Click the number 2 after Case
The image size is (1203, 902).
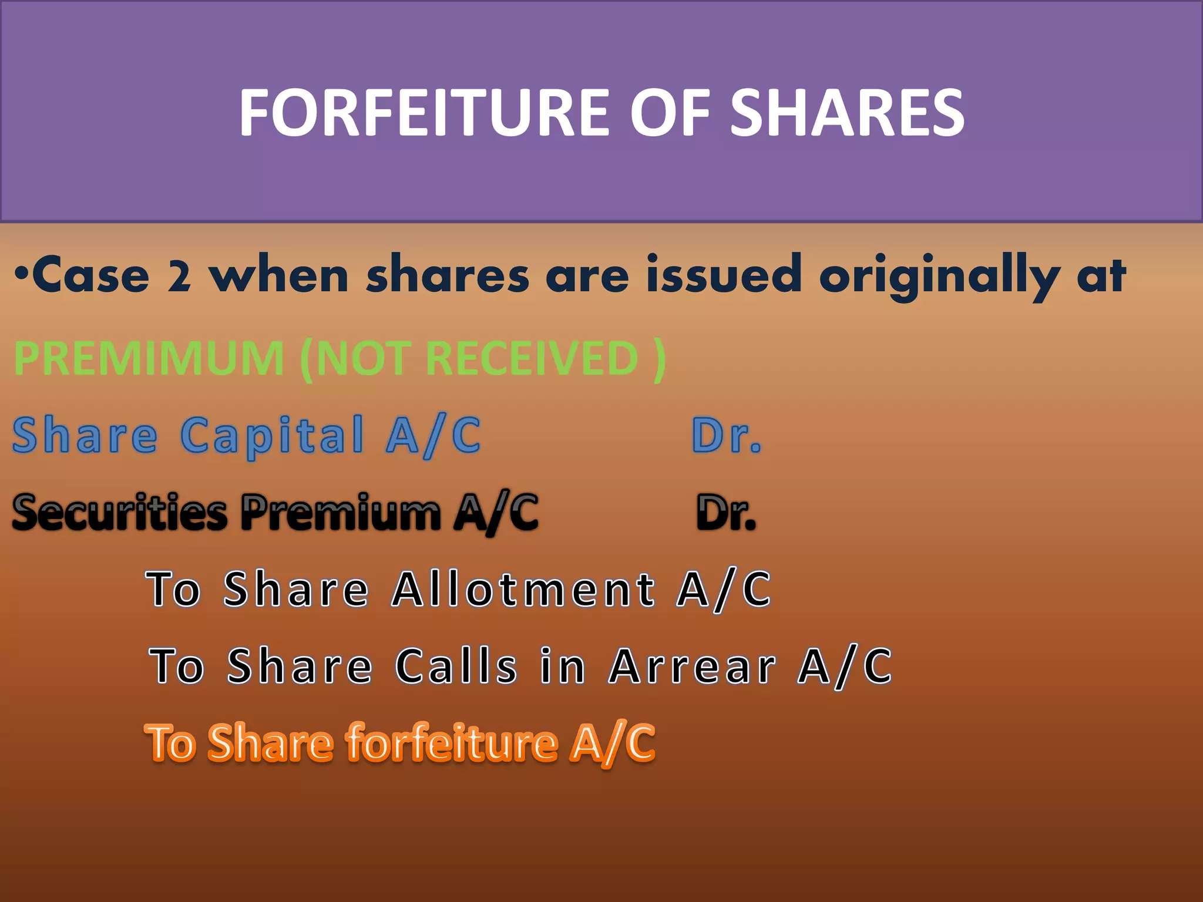(179, 276)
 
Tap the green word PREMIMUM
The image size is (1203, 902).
(149, 358)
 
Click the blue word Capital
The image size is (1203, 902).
(273, 436)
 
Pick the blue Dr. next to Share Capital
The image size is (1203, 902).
(727, 436)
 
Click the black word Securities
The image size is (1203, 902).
(120, 512)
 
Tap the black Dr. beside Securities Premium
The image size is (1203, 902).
(726, 512)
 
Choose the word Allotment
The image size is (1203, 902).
(523, 589)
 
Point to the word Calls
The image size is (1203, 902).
(456, 667)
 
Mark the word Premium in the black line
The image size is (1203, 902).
(341, 512)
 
